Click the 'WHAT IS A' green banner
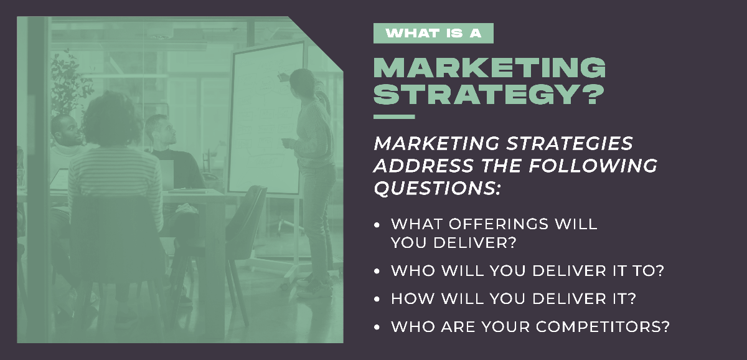point(433,33)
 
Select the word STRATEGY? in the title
point(489,95)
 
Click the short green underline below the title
point(393,116)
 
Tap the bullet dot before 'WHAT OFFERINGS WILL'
point(377,224)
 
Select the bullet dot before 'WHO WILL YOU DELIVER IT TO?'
point(377,272)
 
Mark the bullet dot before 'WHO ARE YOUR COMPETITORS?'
point(377,326)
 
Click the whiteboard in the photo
point(262,118)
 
